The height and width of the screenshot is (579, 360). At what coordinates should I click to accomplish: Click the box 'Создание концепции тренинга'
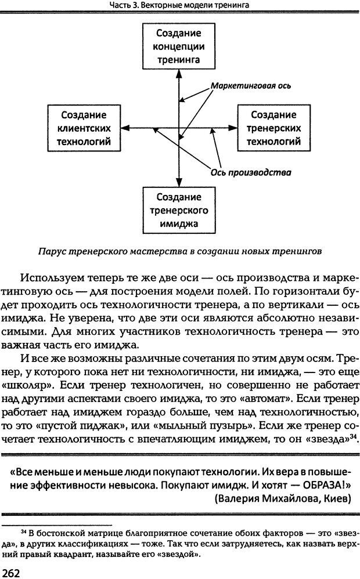(x=179, y=46)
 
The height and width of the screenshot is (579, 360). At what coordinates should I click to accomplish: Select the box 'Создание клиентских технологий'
(x=84, y=128)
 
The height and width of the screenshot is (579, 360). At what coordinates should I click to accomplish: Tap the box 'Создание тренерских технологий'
(x=273, y=128)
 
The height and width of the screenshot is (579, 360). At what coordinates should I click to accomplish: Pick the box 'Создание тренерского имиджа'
(x=179, y=209)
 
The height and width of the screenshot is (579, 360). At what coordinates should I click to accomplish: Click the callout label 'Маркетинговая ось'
(x=251, y=85)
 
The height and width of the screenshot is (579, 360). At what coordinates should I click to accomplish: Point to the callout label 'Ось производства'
(x=251, y=172)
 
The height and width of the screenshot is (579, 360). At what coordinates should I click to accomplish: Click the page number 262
(x=13, y=572)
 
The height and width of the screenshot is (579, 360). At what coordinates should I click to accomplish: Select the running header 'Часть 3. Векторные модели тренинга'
(x=179, y=6)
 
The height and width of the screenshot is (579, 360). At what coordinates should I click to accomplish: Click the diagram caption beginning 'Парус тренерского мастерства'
(x=179, y=252)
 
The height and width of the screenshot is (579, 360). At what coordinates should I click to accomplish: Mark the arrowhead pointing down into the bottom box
(x=179, y=183)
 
